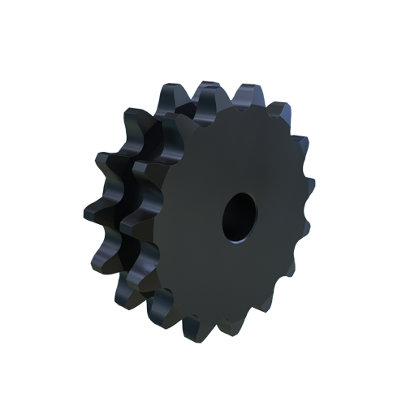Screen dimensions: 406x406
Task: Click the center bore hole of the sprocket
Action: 240,217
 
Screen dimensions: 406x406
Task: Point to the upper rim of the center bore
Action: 242,196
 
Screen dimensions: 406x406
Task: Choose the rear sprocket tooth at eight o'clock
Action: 97,252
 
